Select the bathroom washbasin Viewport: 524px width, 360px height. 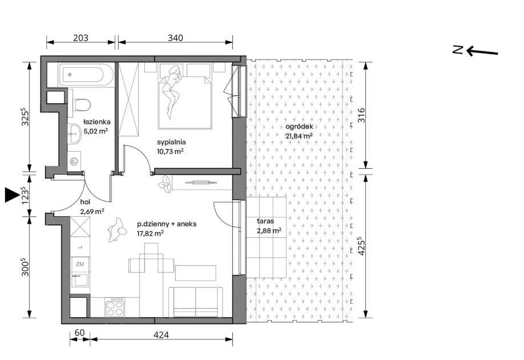[74, 134]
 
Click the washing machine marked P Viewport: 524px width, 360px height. [74, 161]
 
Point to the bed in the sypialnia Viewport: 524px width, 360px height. [185, 102]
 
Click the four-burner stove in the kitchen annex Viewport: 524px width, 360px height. [115, 308]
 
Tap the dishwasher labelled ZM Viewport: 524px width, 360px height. [80, 265]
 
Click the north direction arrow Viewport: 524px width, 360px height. [482, 52]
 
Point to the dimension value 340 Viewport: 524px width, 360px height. [175, 38]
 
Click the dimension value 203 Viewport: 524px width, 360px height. [80, 38]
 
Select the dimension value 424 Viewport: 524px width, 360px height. [162, 334]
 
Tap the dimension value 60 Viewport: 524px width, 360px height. [79, 333]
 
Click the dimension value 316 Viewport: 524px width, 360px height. [361, 115]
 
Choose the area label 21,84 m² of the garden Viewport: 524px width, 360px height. [299, 136]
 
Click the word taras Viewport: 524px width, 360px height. [265, 221]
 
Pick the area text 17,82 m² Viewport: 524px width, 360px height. [150, 233]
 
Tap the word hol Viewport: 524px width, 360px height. [85, 202]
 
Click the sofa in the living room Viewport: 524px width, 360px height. [195, 302]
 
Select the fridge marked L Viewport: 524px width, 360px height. [80, 247]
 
